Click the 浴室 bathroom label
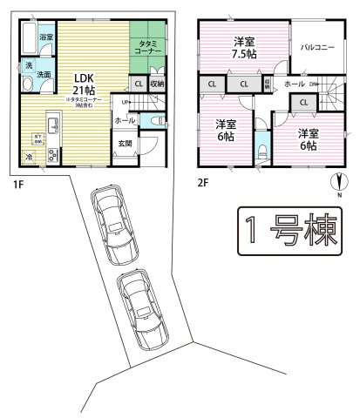(x=45, y=37)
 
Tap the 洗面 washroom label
(x=43, y=75)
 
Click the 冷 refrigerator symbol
(x=29, y=157)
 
